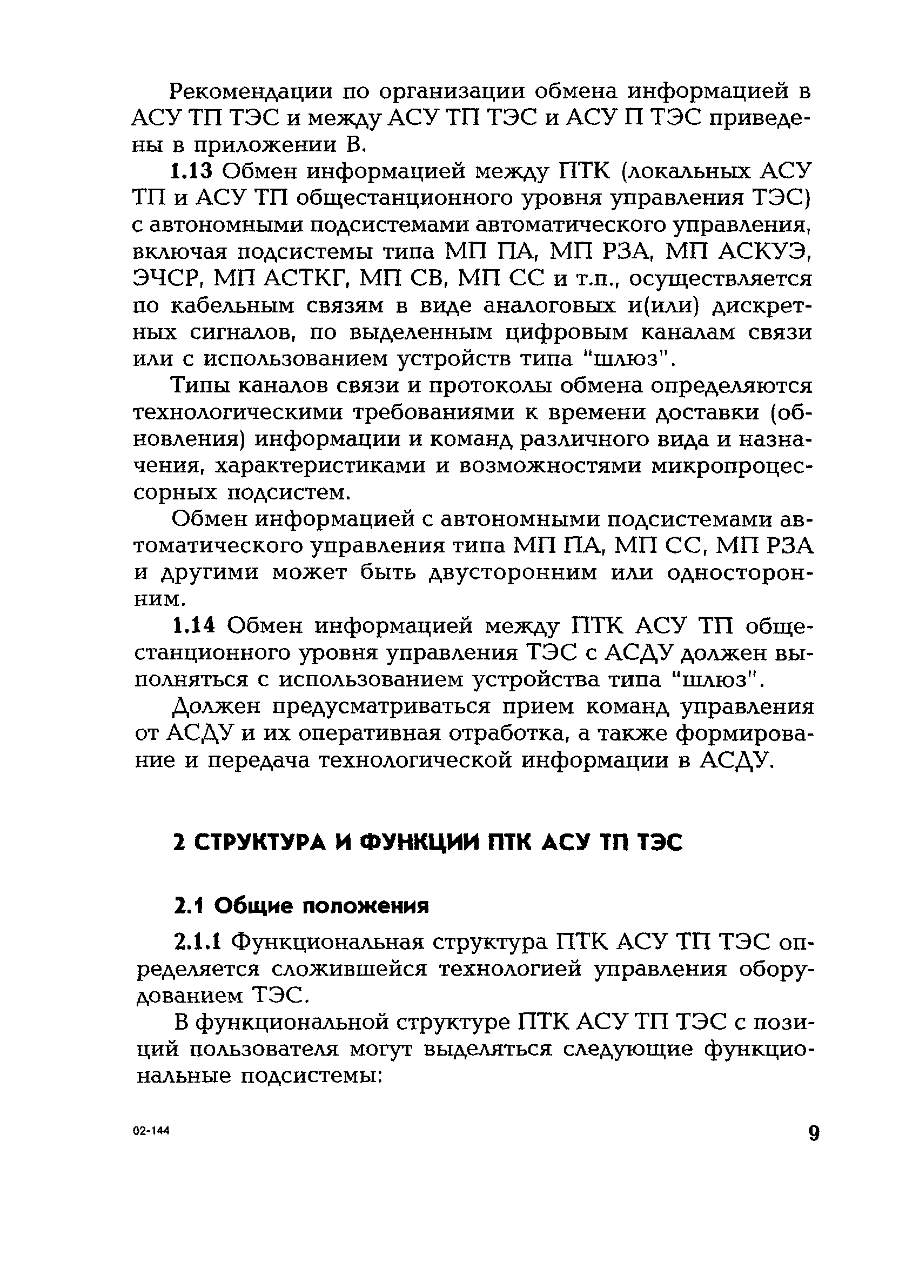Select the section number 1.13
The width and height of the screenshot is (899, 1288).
[x=192, y=171]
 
